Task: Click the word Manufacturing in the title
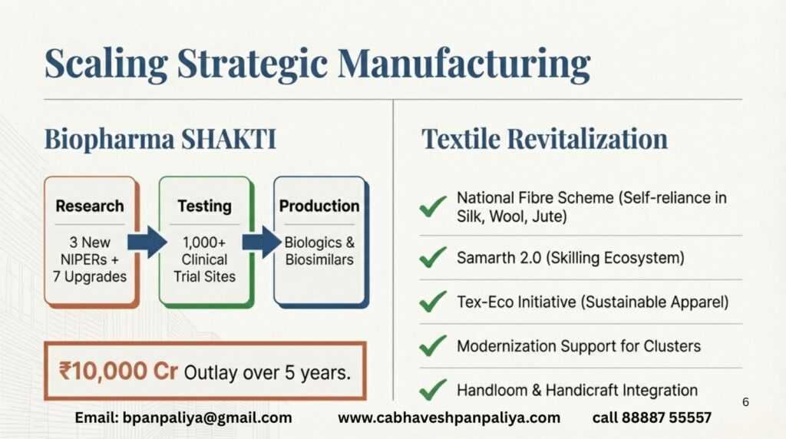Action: [x=464, y=64]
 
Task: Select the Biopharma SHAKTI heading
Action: [x=160, y=140]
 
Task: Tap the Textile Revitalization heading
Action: [x=544, y=139]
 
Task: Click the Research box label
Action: [x=90, y=206]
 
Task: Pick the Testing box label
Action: [x=204, y=206]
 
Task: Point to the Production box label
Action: [x=319, y=206]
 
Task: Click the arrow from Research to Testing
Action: [x=147, y=243]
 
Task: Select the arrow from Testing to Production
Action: [x=263, y=243]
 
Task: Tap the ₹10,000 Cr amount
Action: [x=118, y=371]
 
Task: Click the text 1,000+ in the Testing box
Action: [x=204, y=243]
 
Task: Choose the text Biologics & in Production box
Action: [x=319, y=243]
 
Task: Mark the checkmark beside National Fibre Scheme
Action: [x=433, y=206]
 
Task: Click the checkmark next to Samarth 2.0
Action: [x=433, y=258]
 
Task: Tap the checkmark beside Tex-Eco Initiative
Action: [x=433, y=302]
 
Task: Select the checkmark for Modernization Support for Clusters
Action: [x=433, y=346]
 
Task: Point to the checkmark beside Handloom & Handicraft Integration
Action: [x=433, y=390]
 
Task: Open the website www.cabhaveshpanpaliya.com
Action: [x=449, y=418]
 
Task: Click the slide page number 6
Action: [x=745, y=402]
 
